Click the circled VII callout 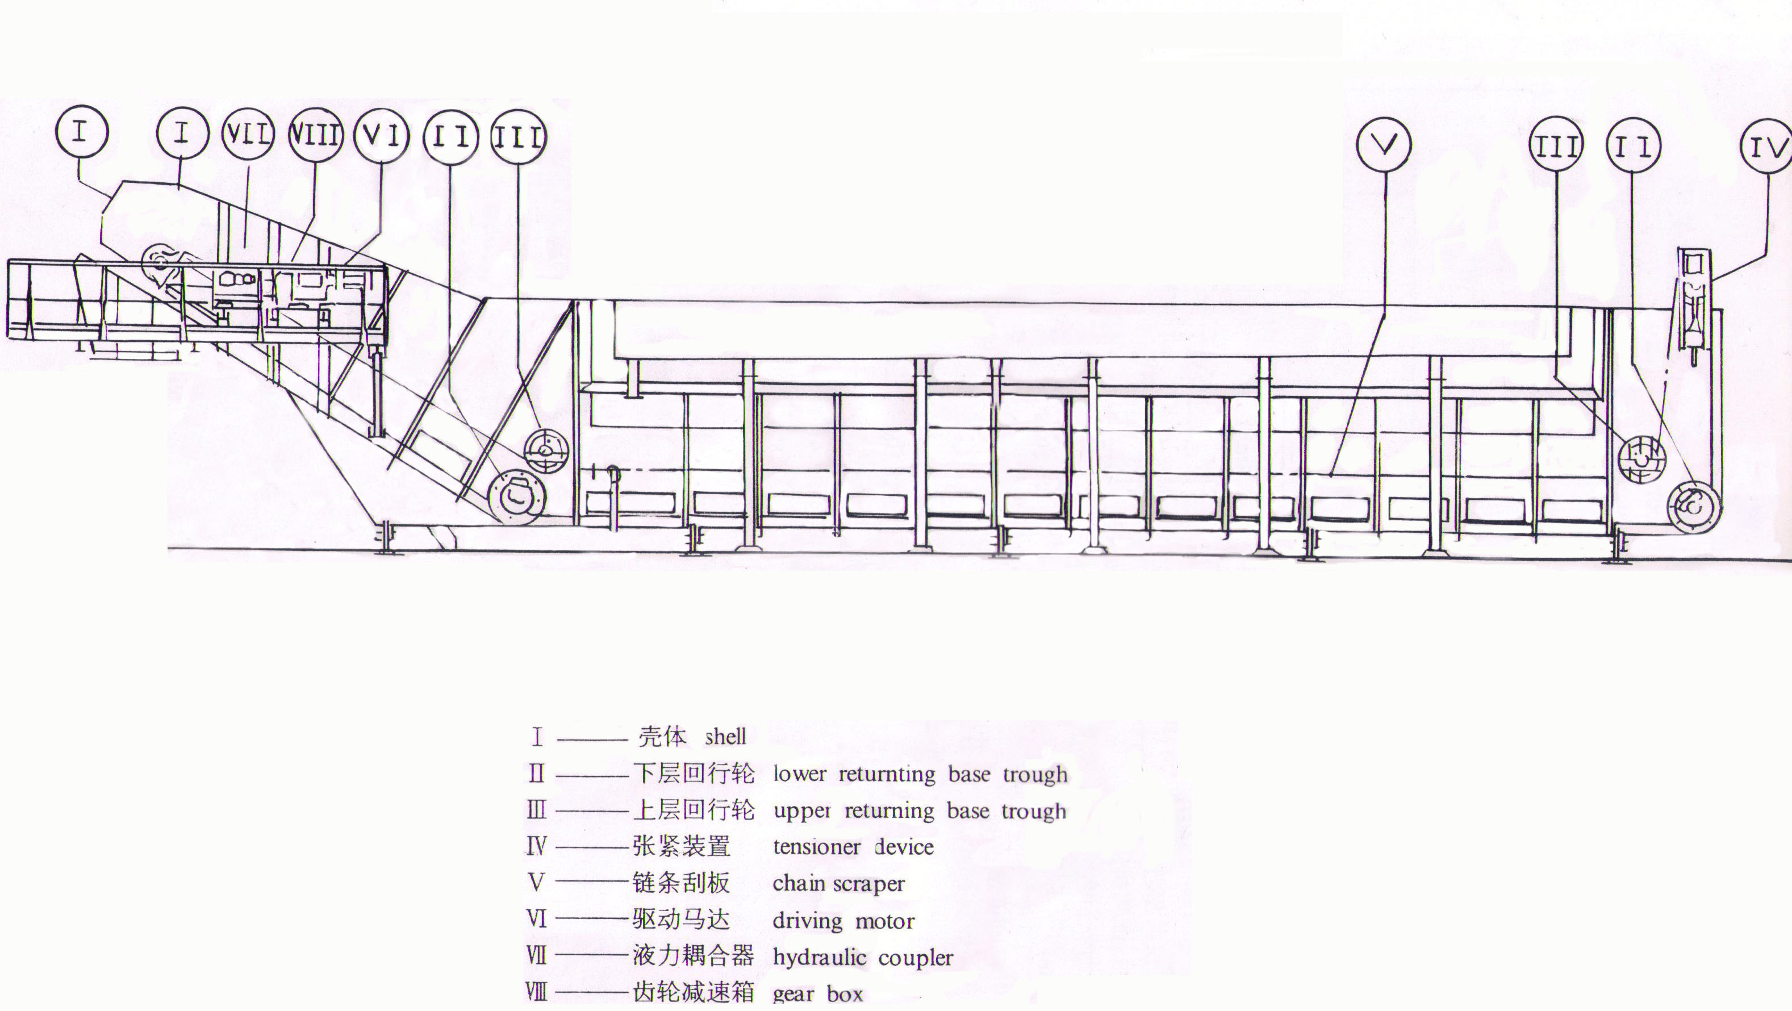[x=248, y=134]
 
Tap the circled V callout [x=1384, y=145]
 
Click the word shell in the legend [x=725, y=736]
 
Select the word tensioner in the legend [x=817, y=847]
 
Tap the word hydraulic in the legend [x=820, y=958]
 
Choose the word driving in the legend [x=807, y=921]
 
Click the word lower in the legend [x=800, y=774]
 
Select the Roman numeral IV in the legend [x=536, y=846]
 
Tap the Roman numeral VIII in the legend [x=536, y=992]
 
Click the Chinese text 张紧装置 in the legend [x=681, y=846]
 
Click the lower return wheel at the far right [x=1694, y=506]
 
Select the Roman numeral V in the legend [x=536, y=882]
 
